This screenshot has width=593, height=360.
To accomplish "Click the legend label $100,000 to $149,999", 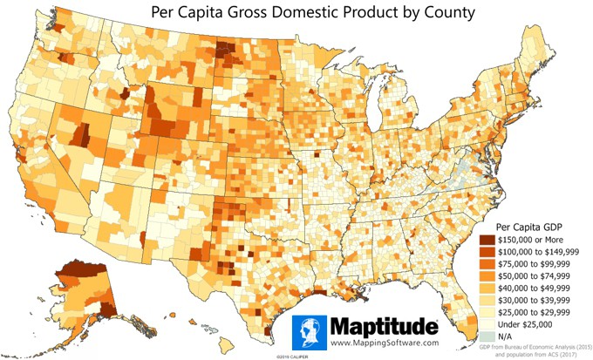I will click(535, 251).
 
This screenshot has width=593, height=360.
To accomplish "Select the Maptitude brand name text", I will click(384, 328).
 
